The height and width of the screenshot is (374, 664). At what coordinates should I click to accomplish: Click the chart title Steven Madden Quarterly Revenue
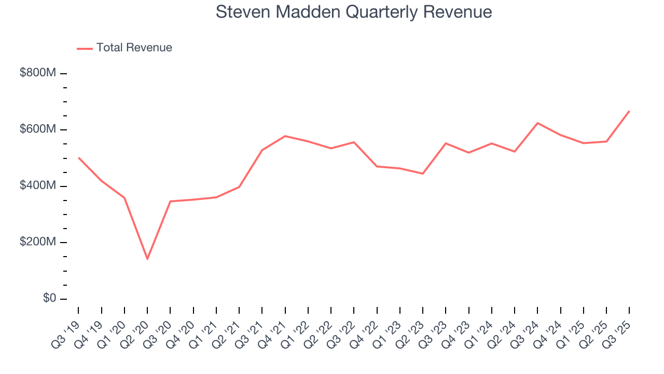click(x=353, y=12)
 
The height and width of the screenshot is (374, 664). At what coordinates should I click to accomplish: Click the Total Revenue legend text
click(x=134, y=48)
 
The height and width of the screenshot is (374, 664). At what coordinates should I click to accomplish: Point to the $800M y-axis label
click(x=37, y=73)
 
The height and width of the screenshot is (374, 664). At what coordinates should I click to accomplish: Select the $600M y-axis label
click(x=37, y=129)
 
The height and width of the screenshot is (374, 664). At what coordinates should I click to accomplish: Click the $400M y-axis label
click(x=37, y=186)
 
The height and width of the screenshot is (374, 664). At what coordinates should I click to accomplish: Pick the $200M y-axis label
click(x=37, y=243)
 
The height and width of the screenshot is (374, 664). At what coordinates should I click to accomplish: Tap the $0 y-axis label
click(x=49, y=299)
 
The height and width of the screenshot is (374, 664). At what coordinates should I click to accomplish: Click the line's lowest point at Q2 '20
click(x=147, y=259)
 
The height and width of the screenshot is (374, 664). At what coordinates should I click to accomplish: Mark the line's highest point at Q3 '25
click(x=629, y=111)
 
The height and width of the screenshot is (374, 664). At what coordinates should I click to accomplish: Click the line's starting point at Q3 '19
click(x=78, y=157)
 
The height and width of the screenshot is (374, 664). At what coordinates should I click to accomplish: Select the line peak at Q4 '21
click(x=285, y=136)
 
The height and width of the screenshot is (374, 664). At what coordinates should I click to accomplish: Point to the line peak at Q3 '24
click(x=537, y=123)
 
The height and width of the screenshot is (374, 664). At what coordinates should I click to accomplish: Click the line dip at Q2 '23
click(x=423, y=173)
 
